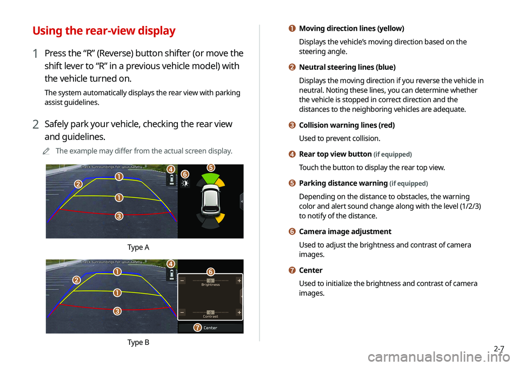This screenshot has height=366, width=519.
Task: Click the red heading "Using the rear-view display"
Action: (104, 30)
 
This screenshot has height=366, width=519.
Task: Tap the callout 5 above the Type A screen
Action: (211, 168)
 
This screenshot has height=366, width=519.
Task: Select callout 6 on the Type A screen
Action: (185, 174)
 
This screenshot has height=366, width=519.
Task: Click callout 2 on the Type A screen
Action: (78, 184)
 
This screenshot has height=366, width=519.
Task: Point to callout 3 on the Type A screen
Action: (119, 216)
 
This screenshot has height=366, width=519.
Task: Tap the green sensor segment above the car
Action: (210, 178)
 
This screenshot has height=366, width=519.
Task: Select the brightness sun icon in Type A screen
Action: (185, 183)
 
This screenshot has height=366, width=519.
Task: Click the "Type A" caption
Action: (138, 247)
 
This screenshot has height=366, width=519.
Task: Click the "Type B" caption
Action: (138, 342)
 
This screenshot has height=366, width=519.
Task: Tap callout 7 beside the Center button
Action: (197, 328)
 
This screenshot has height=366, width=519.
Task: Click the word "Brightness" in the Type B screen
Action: (210, 284)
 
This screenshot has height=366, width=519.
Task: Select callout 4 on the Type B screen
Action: (171, 264)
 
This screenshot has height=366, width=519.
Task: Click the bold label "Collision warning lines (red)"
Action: (347, 125)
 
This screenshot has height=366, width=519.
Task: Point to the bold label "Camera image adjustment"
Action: (345, 231)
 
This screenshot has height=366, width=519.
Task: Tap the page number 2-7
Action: (499, 349)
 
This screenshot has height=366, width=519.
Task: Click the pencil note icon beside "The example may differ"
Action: (46, 151)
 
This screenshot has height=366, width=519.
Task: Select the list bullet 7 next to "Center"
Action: (292, 270)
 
